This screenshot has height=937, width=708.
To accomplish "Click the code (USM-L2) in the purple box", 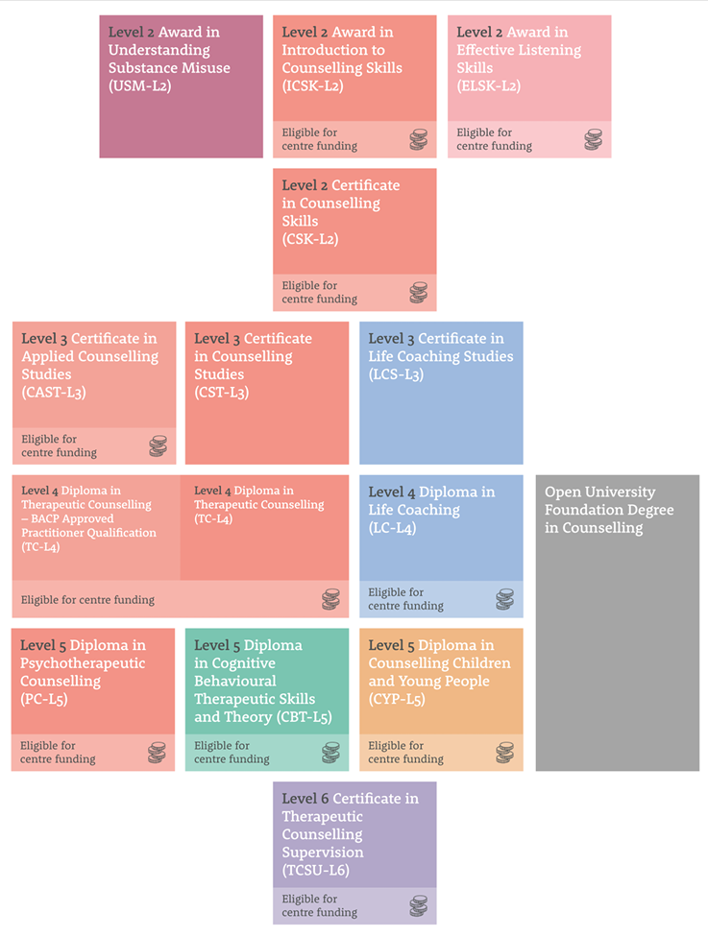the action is pos(140,86).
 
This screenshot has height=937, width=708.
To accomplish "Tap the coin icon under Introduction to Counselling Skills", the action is pos(419,139).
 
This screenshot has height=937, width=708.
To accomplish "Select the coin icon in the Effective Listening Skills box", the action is pos(593,139).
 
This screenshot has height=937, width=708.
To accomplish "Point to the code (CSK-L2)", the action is pos(310,239).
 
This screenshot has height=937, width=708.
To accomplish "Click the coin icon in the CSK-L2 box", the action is pos(419,292).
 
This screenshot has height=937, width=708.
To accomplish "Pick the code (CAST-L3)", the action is pos(54,393).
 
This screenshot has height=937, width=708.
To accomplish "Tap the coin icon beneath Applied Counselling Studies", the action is pos(158,445).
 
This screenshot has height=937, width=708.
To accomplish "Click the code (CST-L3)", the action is pos(221,393).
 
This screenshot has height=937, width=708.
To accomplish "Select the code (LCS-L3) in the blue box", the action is pos(396,374).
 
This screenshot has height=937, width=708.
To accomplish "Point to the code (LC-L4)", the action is pos(392,528).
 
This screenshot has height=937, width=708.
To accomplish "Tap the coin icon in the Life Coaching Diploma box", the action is pos(504,599).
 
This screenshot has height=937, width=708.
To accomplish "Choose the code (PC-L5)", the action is pos(43,699).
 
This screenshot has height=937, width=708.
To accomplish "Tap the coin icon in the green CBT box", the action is pos(330,753).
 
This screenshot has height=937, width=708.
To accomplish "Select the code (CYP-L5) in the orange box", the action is pos(397,699).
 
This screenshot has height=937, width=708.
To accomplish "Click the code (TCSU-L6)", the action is pos(315,871).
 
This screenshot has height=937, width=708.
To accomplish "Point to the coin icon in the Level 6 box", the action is pos(419,906).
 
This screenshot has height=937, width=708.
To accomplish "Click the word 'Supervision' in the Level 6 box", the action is pos(323,853).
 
